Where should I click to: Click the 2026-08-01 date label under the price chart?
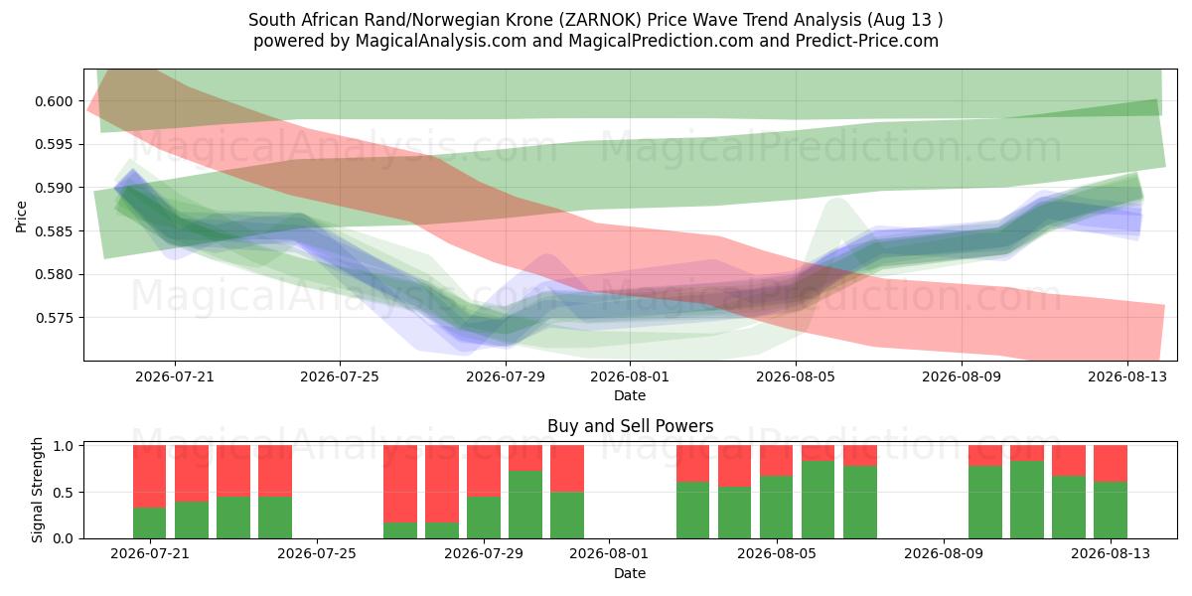pyautogui.click(x=630, y=376)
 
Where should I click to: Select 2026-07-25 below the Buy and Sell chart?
pyautogui.click(x=317, y=553)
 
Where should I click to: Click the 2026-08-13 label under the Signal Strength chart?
pyautogui.click(x=1111, y=553)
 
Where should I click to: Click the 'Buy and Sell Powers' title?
pyautogui.click(x=630, y=426)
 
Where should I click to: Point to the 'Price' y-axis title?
pyautogui.click(x=21, y=217)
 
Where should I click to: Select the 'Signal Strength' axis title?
pyautogui.click(x=37, y=490)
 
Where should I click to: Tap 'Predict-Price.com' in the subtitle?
pyautogui.click(x=867, y=41)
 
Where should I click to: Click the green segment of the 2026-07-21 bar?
pyautogui.click(x=150, y=523)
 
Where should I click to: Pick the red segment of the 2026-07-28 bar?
pyautogui.click(x=442, y=484)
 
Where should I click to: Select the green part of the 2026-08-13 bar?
pyautogui.click(x=1111, y=510)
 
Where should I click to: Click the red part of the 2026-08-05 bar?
pyautogui.click(x=777, y=460)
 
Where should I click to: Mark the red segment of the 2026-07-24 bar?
pyautogui.click(x=275, y=471)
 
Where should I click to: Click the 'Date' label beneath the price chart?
pyautogui.click(x=630, y=395)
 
